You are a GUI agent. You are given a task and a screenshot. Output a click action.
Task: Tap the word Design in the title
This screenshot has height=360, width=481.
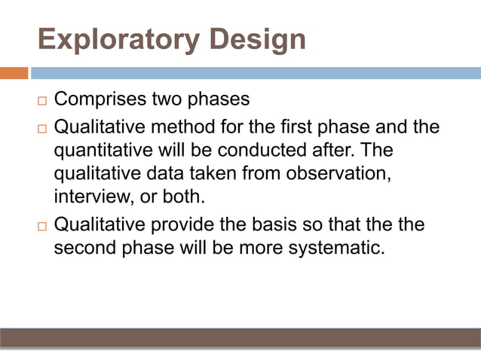point(258,39)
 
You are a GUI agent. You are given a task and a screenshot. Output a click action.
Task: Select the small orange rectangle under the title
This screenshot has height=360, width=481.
point(14,73)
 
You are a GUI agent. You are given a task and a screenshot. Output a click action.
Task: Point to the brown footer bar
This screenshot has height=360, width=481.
point(240,337)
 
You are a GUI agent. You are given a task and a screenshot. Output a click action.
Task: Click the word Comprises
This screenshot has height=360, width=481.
point(101,99)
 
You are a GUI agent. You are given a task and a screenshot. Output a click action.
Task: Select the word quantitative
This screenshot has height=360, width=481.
point(103,150)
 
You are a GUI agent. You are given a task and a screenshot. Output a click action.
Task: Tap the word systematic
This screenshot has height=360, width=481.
point(333,249)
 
